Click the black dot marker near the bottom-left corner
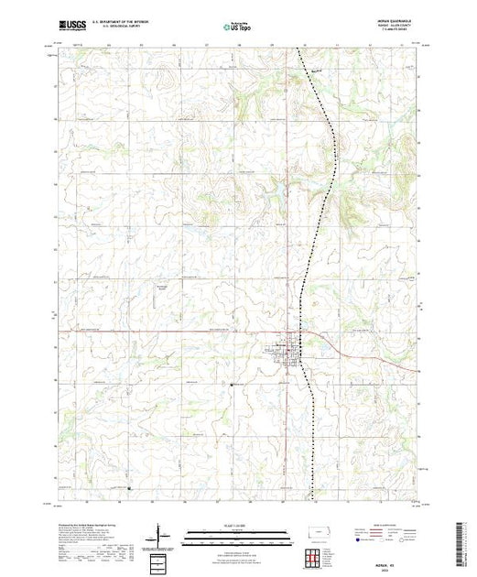pos(128,487)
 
